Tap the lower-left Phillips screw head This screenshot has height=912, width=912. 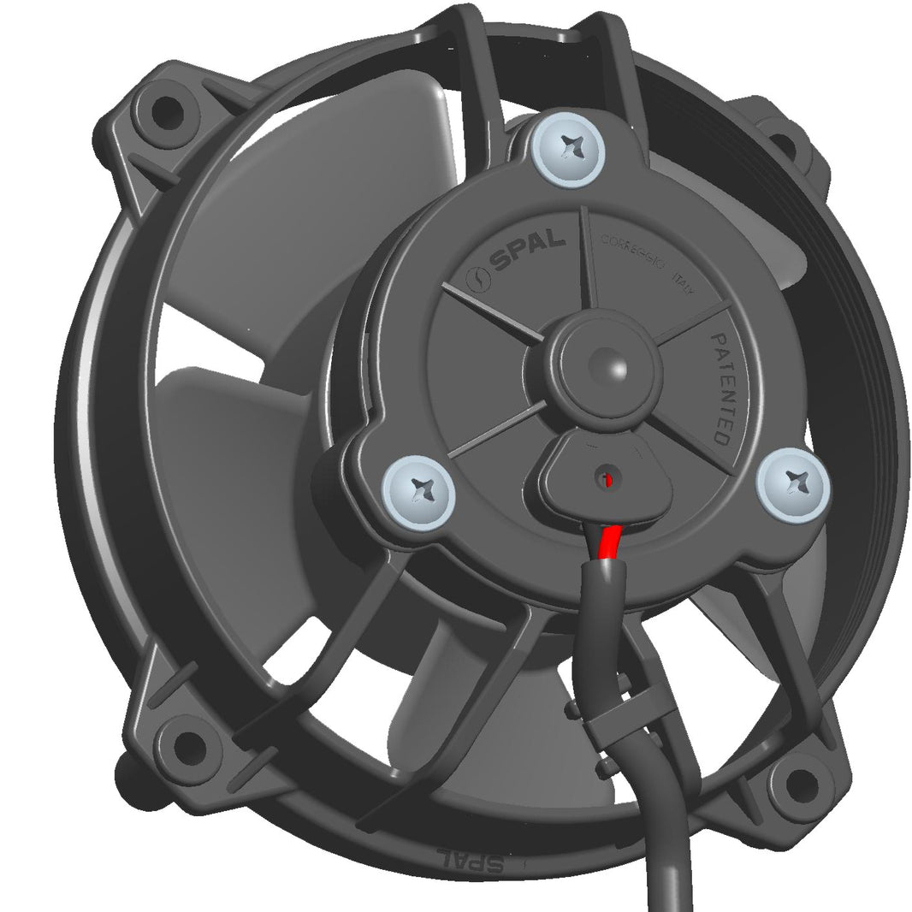[418, 492]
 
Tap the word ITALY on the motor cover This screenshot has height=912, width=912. [685, 281]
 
